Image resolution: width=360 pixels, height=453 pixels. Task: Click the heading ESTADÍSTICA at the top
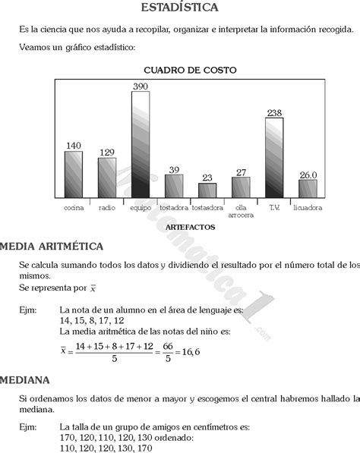click(x=179, y=8)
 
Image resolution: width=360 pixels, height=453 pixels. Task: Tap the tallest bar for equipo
click(x=141, y=144)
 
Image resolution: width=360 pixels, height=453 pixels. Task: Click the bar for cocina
click(x=73, y=174)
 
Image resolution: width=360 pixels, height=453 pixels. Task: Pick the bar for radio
click(x=106, y=178)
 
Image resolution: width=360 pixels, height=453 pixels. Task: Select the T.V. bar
click(x=274, y=157)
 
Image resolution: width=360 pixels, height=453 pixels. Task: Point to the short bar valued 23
click(x=207, y=190)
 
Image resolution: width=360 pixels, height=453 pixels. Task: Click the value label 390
click(x=141, y=87)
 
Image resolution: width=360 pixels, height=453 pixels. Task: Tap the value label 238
click(x=274, y=113)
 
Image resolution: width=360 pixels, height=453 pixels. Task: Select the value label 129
click(x=106, y=153)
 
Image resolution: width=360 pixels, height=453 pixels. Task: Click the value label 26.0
click(x=308, y=175)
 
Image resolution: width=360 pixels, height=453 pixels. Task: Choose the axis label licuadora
click(x=307, y=207)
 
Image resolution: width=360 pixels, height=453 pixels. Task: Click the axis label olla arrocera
click(x=241, y=211)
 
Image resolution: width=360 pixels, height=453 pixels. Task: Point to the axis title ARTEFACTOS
click(x=190, y=227)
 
